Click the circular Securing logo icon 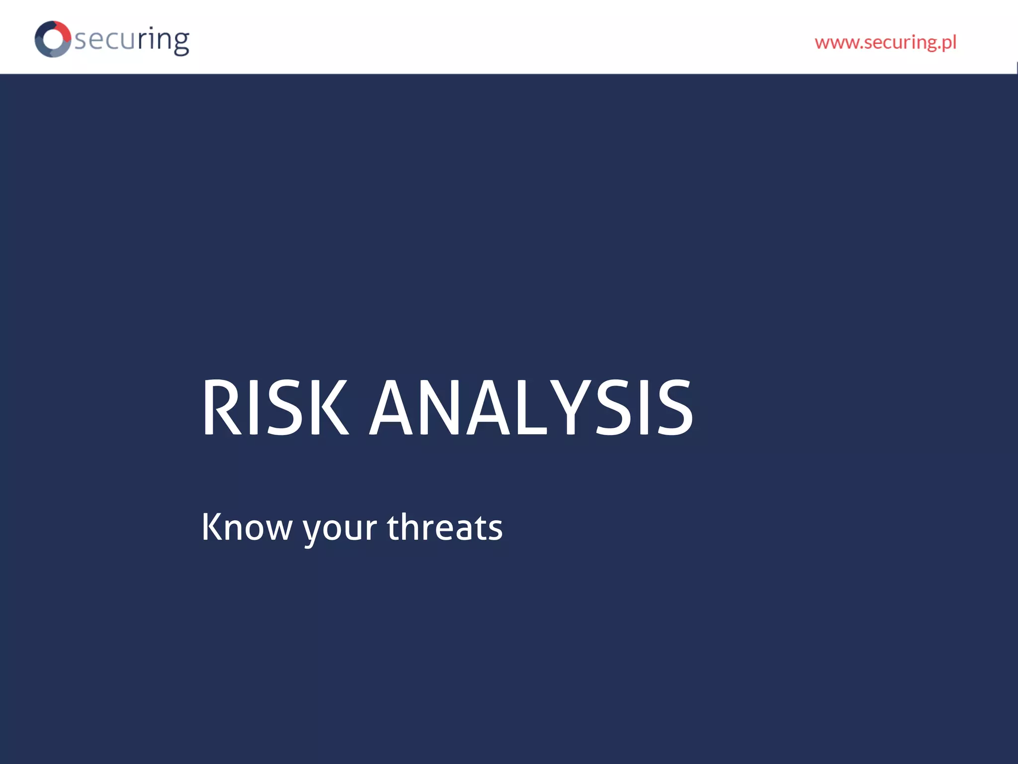click(53, 39)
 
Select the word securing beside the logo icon click(132, 40)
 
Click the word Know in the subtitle click(247, 527)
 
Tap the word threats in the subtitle click(444, 527)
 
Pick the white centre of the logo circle click(52, 39)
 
